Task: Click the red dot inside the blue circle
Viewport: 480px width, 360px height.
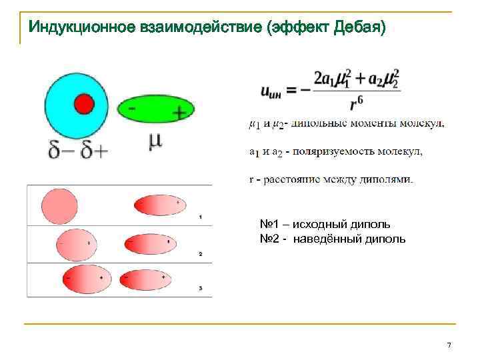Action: [x=84, y=104]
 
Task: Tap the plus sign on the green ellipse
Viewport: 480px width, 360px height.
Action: [x=179, y=113]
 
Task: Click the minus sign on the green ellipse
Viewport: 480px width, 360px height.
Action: [x=132, y=107]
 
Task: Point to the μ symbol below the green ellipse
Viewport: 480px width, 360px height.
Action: [x=155, y=142]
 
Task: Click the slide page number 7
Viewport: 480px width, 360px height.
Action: [x=449, y=345]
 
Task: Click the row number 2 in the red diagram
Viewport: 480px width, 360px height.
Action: [x=200, y=254]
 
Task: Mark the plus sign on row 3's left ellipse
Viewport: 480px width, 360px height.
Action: [x=101, y=277]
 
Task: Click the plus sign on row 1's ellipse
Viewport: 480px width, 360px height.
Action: [x=177, y=201]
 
